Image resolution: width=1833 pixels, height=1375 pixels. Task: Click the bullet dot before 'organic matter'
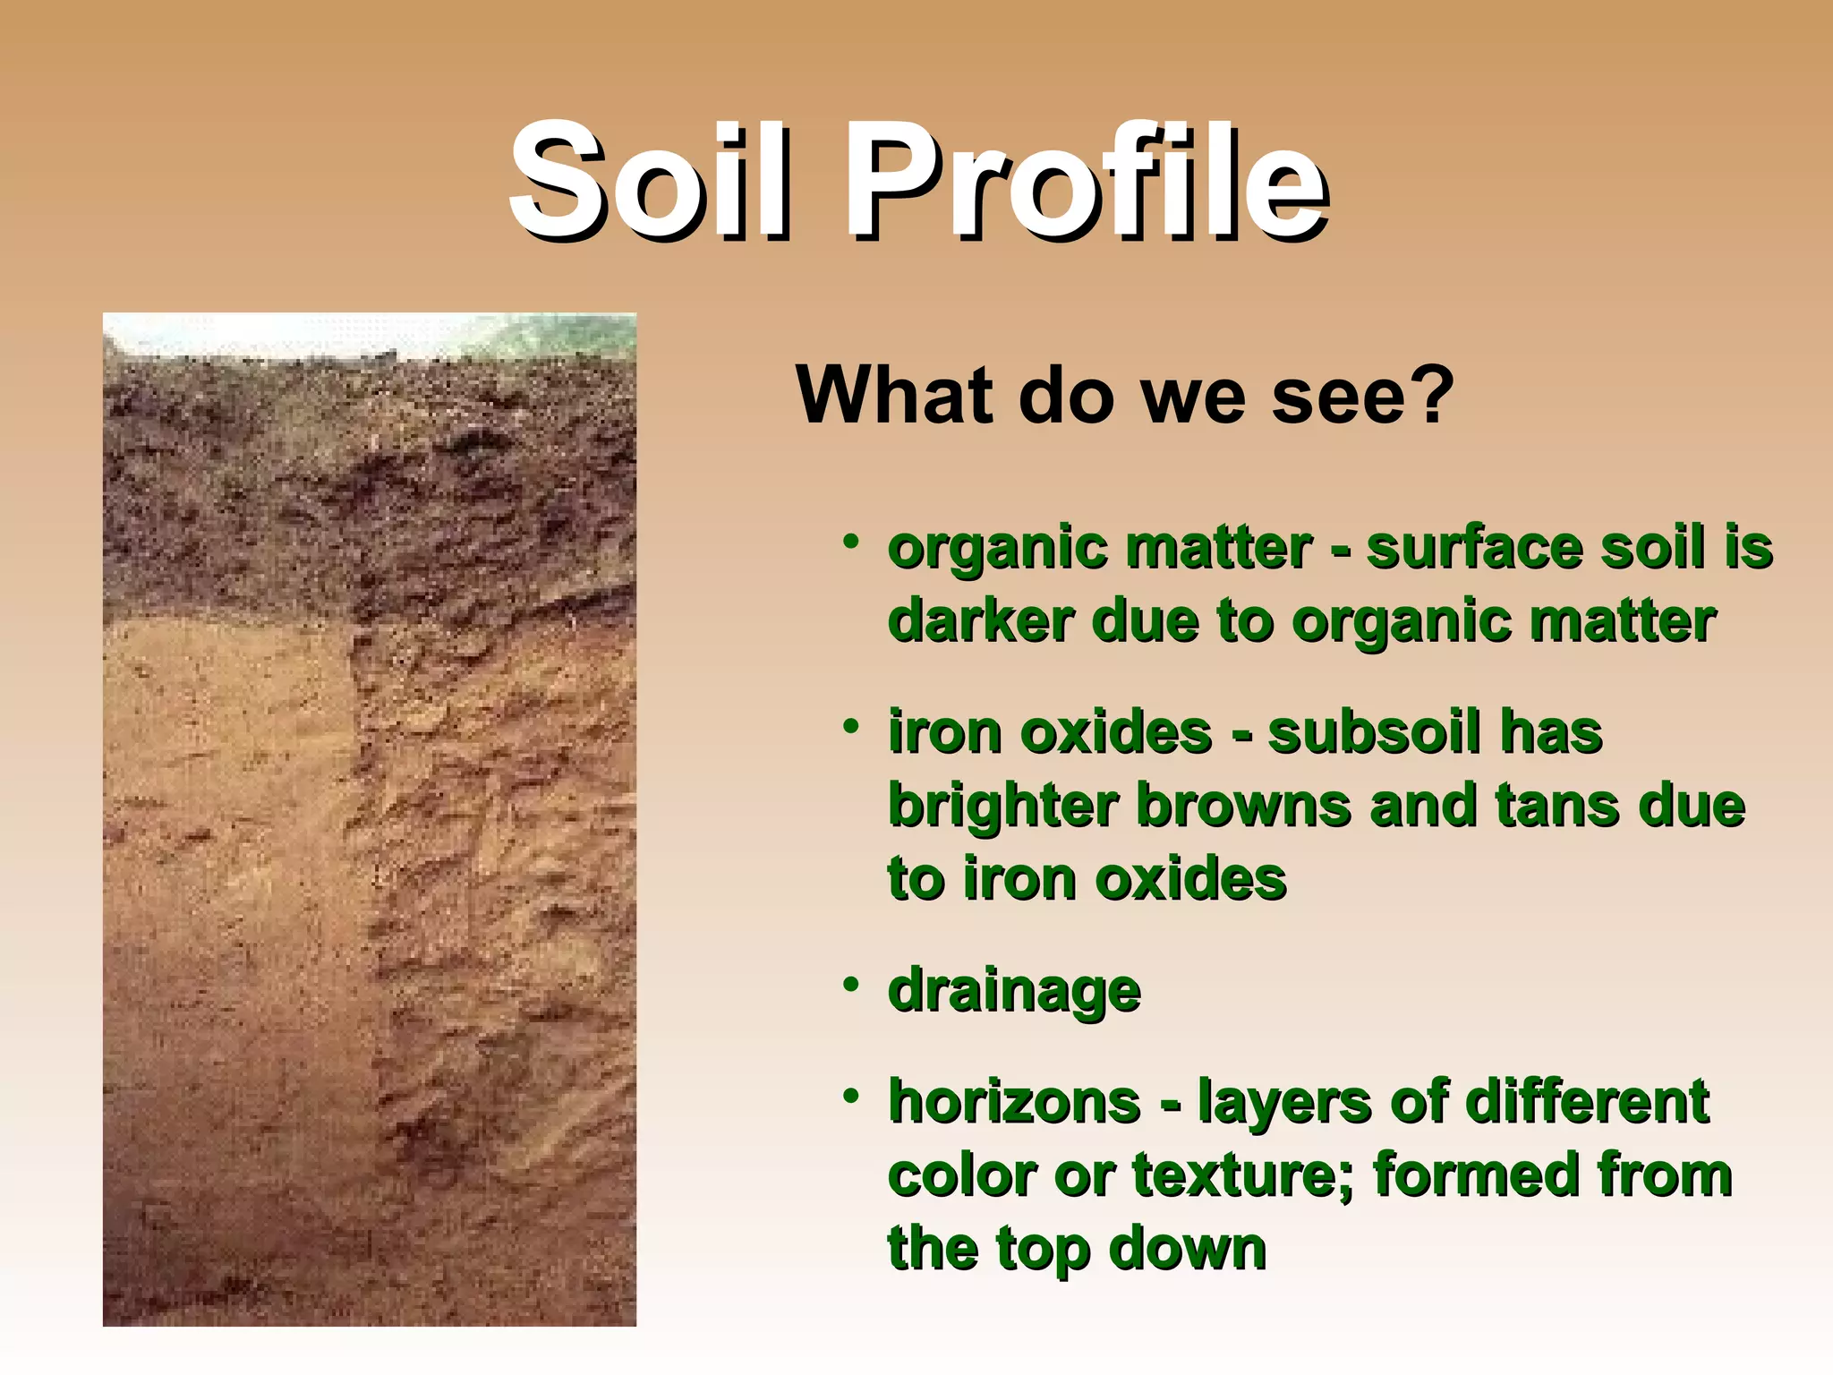click(850, 542)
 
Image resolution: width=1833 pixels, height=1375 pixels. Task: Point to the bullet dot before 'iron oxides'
click(850, 727)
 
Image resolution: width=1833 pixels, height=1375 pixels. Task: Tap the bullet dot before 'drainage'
click(850, 986)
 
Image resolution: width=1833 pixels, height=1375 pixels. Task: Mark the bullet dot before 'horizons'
click(850, 1096)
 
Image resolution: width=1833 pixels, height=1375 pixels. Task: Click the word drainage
click(1014, 992)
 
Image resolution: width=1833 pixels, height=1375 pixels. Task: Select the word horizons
click(1014, 1101)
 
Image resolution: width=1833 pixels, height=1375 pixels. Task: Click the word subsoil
click(1374, 732)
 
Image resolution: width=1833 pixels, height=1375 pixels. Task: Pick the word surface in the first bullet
click(1474, 548)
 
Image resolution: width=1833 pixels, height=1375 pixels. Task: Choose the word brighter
click(1003, 807)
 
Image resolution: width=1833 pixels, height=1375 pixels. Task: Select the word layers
click(1284, 1103)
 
